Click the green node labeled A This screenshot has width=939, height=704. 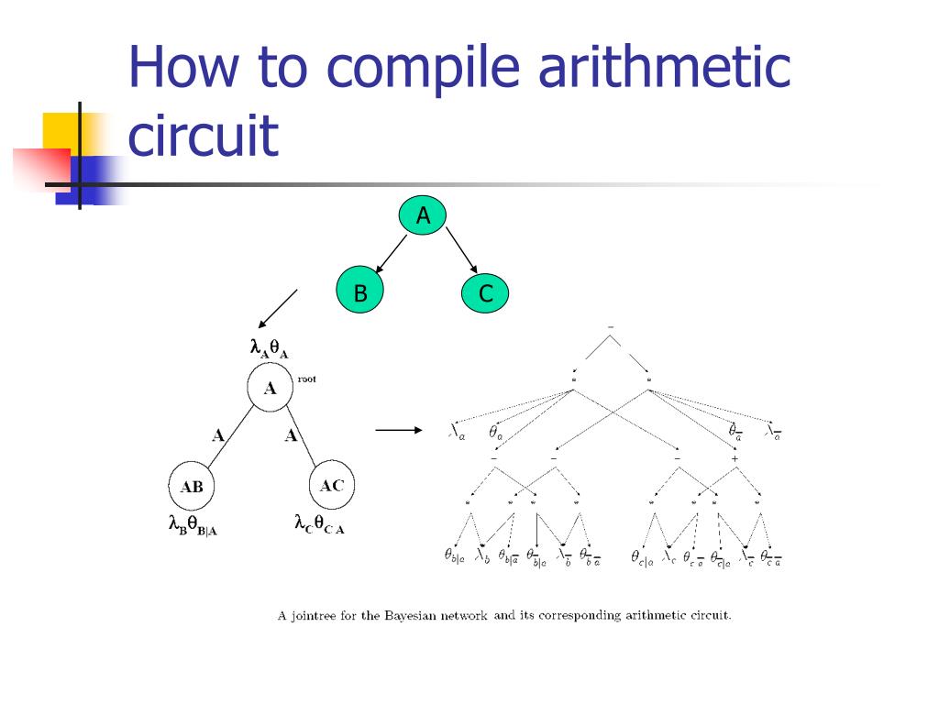(x=423, y=216)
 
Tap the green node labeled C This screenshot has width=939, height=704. (x=485, y=292)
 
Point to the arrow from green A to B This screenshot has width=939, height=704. (x=392, y=253)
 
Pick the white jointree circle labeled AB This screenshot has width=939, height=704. (x=192, y=487)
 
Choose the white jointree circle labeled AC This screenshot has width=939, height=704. (x=331, y=486)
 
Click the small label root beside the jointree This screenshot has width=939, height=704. (x=306, y=379)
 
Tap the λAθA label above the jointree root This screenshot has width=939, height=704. (x=270, y=348)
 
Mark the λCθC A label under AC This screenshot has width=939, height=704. (x=319, y=524)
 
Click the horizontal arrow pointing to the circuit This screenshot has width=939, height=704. (x=399, y=429)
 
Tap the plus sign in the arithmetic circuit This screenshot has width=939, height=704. (x=735, y=458)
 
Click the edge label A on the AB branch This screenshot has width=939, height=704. (x=218, y=435)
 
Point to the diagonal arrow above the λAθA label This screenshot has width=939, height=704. (x=278, y=309)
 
